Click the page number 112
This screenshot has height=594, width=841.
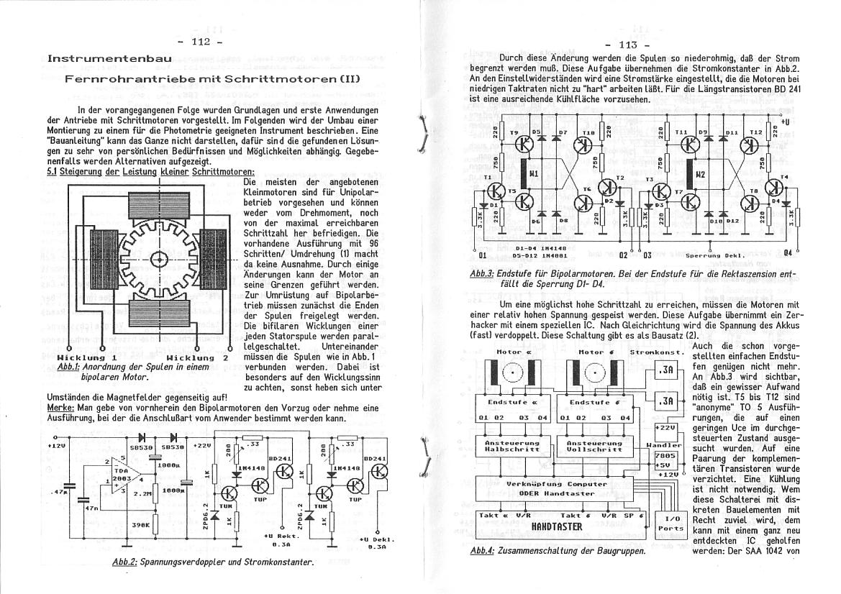click(x=199, y=42)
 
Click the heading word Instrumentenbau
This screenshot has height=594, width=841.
click(x=110, y=58)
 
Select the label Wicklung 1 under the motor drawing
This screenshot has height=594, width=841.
click(x=86, y=357)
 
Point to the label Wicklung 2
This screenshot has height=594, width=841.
click(x=196, y=357)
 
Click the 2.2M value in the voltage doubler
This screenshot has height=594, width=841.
click(x=140, y=494)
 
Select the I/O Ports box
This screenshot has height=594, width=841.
click(x=674, y=523)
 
